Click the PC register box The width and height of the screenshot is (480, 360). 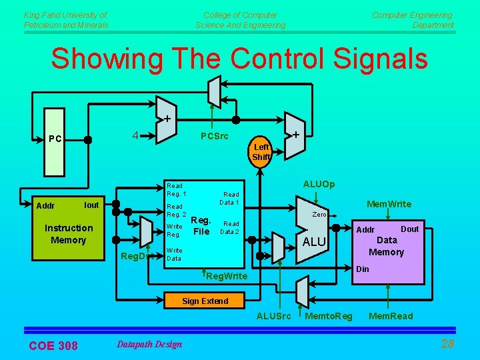pyautogui.click(x=57, y=139)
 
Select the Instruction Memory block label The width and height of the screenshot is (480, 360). pyautogui.click(x=68, y=234)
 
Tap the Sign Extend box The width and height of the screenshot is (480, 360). pyautogui.click(x=205, y=301)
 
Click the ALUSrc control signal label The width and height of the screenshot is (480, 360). pyautogui.click(x=274, y=316)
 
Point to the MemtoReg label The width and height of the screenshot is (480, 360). pyautogui.click(x=328, y=316)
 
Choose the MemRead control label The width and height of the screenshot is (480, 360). pyautogui.click(x=391, y=316)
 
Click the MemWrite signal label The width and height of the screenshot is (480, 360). pyautogui.click(x=389, y=204)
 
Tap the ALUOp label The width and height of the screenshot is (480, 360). pyautogui.click(x=319, y=184)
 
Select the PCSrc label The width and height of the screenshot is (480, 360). pyautogui.click(x=215, y=137)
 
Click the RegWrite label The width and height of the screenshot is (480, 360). pyautogui.click(x=227, y=276)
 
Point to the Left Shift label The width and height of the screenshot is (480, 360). pyautogui.click(x=261, y=152)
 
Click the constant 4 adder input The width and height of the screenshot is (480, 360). pyautogui.click(x=135, y=135)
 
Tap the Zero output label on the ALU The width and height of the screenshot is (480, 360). pyautogui.click(x=319, y=215)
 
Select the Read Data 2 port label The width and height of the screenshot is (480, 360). pyautogui.click(x=231, y=228)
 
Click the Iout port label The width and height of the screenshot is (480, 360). pyautogui.click(x=91, y=205)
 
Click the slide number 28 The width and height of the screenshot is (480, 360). pyautogui.click(x=447, y=344)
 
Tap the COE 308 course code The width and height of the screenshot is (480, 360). pyautogui.click(x=53, y=345)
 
